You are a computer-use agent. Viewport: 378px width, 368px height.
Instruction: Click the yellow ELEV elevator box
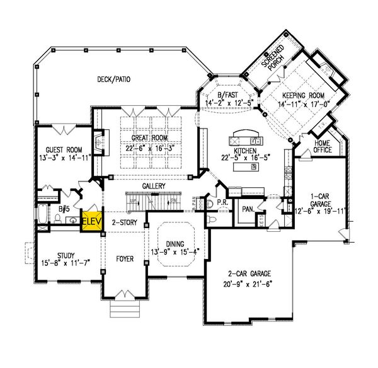[92, 222]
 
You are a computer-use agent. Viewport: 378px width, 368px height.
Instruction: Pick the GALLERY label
[154, 187]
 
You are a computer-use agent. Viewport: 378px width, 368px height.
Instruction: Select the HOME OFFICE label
[323, 146]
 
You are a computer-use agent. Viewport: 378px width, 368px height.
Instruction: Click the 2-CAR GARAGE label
[249, 274]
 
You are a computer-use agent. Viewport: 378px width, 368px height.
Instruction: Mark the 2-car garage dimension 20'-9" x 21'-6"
[249, 284]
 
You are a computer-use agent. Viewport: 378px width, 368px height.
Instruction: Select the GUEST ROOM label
[57, 141]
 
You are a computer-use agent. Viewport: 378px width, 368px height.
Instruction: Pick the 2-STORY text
[123, 222]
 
